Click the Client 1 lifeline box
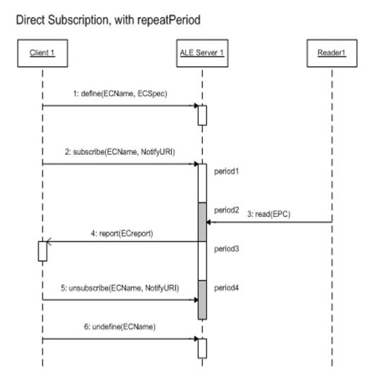coord(42,54)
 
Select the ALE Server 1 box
coord(202,54)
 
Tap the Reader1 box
coord(332,54)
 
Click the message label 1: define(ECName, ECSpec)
coord(120,94)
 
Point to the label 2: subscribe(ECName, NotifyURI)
coord(120,152)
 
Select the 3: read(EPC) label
coord(268,214)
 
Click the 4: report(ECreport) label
coord(122,234)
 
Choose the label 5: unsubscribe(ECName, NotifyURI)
coord(120,288)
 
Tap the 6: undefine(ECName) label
coord(120,327)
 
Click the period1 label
coord(226,172)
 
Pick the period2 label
coord(226,210)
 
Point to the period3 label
coord(226,249)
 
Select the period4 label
coord(226,288)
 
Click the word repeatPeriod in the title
coord(169,20)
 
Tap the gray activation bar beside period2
coord(202,222)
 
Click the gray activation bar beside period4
coord(202,300)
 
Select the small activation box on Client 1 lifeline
coord(42,251)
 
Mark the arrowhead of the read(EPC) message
coord(209,222)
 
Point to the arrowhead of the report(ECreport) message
coord(49,241)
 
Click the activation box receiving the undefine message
coord(202,349)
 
